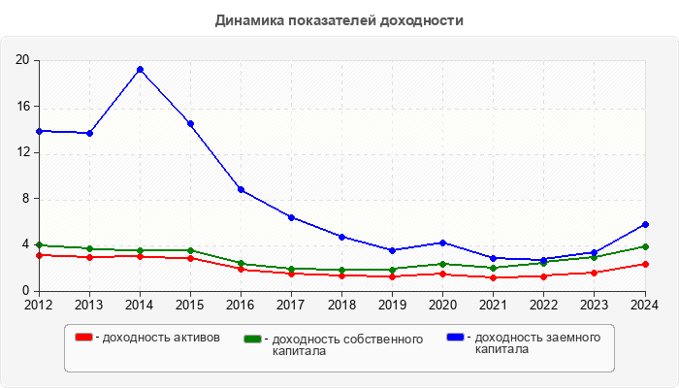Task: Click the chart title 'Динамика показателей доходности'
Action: pyautogui.click(x=339, y=20)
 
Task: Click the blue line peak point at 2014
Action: pyautogui.click(x=140, y=69)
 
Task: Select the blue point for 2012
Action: pyautogui.click(x=39, y=130)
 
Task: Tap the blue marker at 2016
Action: pyautogui.click(x=241, y=189)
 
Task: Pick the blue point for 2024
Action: pyautogui.click(x=644, y=224)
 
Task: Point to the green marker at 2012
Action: pyautogui.click(x=39, y=244)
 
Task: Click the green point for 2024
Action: pyautogui.click(x=644, y=246)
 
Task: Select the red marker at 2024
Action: pyautogui.click(x=644, y=264)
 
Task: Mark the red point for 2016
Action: pyautogui.click(x=241, y=270)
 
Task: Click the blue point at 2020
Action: pyautogui.click(x=442, y=242)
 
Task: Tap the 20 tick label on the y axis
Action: pyautogui.click(x=22, y=60)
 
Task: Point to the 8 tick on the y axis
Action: pyautogui.click(x=25, y=199)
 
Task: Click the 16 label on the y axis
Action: pyautogui.click(x=22, y=107)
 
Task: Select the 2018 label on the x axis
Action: pyautogui.click(x=341, y=305)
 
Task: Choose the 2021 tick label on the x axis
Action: pyautogui.click(x=493, y=305)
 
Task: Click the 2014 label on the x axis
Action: pyautogui.click(x=140, y=305)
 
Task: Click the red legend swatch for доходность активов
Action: pyautogui.click(x=83, y=338)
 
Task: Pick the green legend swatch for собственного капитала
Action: pyautogui.click(x=253, y=339)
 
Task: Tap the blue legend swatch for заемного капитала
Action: pyautogui.click(x=455, y=338)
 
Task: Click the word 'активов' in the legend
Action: pyautogui.click(x=197, y=338)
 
